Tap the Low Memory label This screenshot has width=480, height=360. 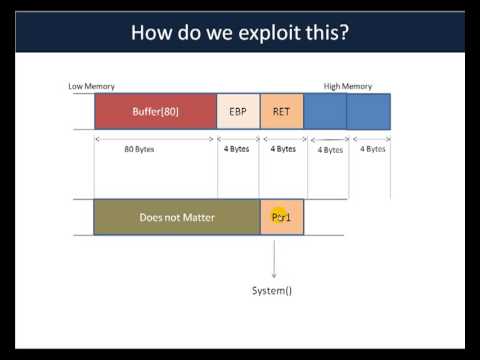(90, 87)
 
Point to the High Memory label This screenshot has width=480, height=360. (347, 87)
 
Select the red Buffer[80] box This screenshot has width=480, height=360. (155, 111)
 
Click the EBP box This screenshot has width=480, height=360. (238, 111)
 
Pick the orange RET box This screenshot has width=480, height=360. (281, 111)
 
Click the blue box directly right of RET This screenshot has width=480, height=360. (325, 111)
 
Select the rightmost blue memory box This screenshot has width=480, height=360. (368, 111)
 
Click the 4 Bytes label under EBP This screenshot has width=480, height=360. (238, 149)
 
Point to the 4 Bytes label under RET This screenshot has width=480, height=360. (283, 149)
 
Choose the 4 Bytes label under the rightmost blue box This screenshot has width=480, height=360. (373, 149)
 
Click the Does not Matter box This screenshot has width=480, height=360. (176, 217)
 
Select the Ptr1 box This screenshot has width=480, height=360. (281, 217)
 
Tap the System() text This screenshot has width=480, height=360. (273, 291)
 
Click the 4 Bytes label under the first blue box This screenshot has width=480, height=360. (329, 150)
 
